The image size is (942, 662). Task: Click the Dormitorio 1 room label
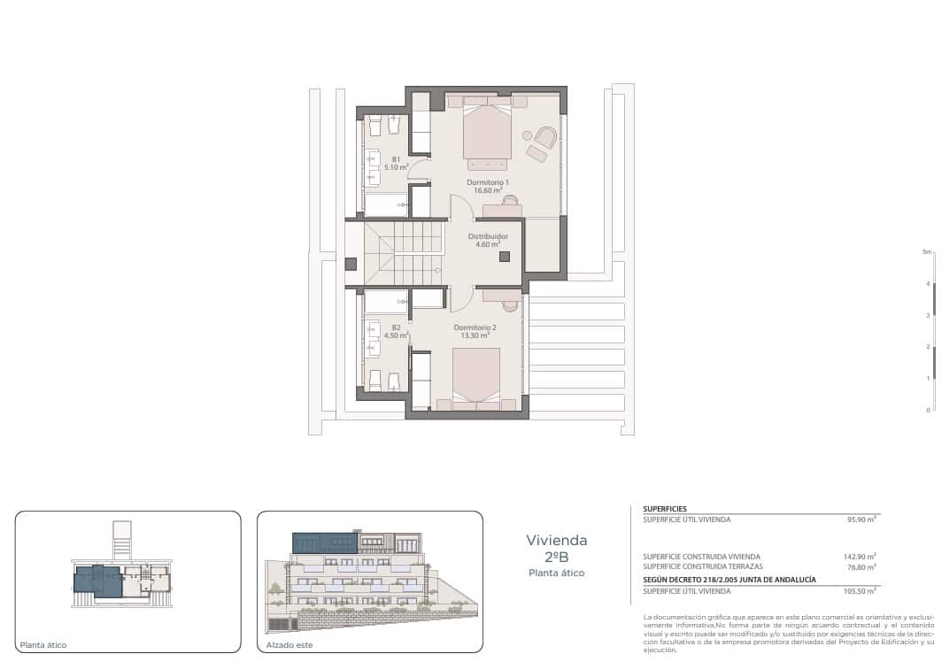click(487, 186)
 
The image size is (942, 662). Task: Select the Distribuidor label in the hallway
click(488, 240)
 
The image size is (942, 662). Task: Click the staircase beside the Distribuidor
click(403, 251)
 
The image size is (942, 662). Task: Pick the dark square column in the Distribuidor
click(505, 257)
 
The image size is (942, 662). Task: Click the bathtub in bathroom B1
click(385, 204)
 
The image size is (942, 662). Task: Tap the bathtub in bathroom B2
click(386, 302)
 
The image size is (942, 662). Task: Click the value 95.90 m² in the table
click(861, 520)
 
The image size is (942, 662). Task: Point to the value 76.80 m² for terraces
click(861, 566)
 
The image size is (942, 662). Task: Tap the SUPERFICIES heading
click(665, 509)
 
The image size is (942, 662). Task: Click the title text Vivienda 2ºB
click(556, 548)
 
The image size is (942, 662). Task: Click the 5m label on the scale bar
click(927, 252)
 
